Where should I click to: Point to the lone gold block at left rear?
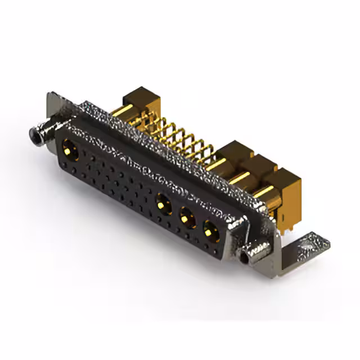tap(141, 101)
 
